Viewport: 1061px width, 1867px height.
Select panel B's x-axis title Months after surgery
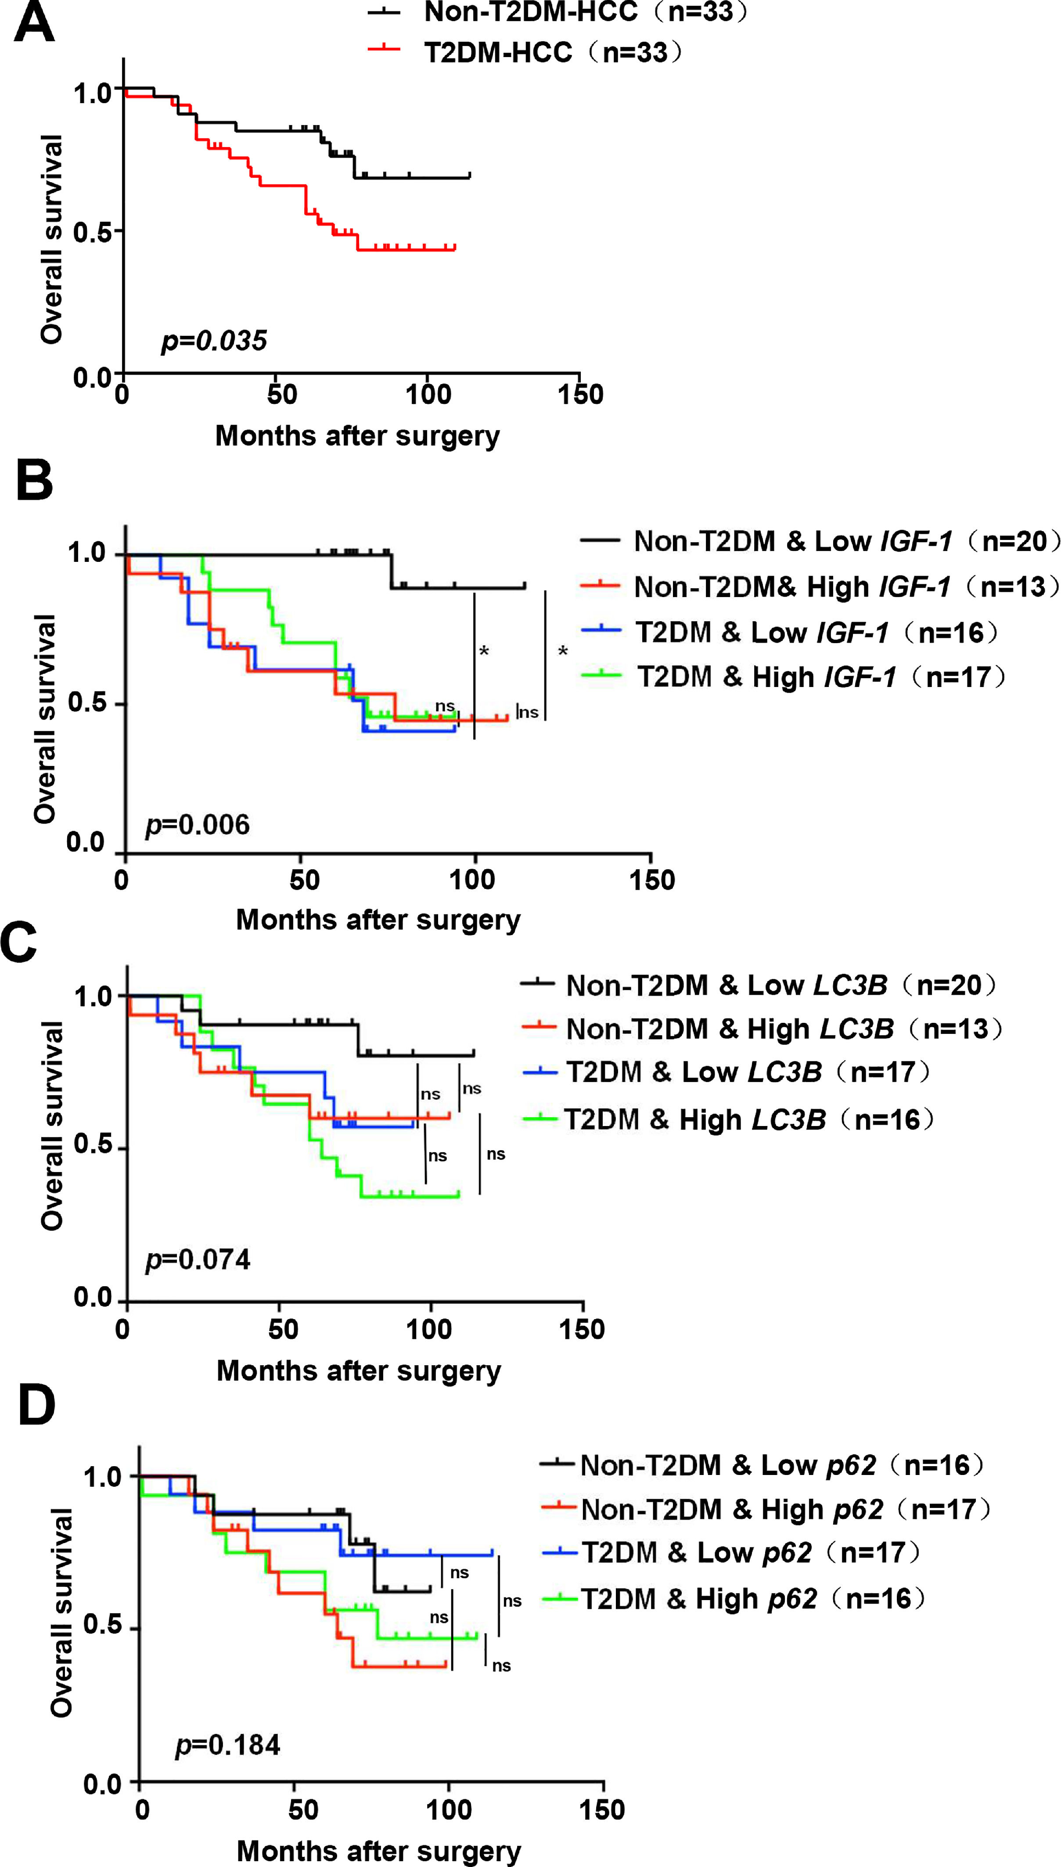pyautogui.click(x=378, y=920)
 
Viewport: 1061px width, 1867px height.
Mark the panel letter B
pyautogui.click(x=34, y=481)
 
